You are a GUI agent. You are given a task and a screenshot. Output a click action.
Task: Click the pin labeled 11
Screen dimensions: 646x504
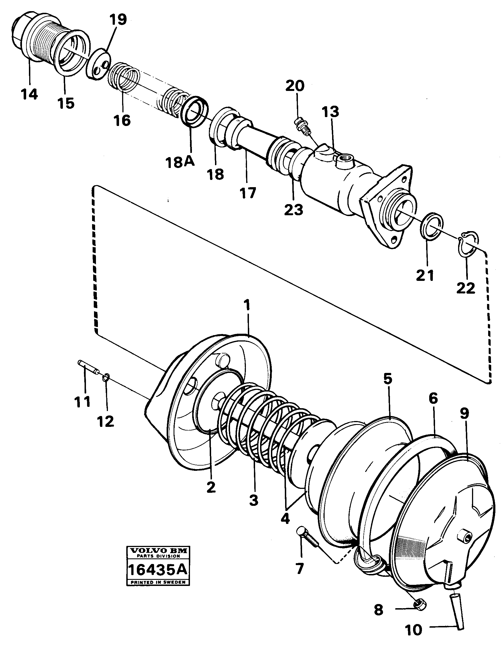pos(88,367)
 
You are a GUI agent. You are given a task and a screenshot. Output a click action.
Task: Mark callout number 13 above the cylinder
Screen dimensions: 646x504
pos(330,112)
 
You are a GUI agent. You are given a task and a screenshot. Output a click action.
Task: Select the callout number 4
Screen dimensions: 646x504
pos(285,519)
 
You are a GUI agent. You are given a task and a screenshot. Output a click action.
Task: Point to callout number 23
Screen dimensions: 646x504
pos(293,210)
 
